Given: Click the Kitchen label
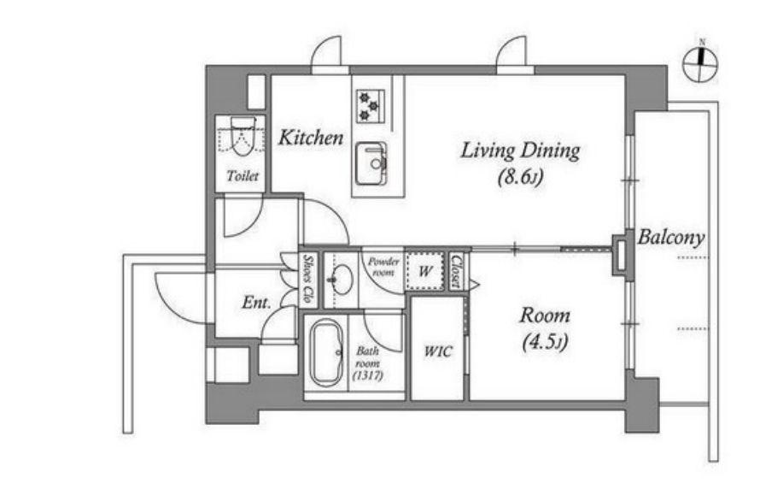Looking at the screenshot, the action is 311,138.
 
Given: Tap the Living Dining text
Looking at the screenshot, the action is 520,150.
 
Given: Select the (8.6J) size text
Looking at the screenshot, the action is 520,177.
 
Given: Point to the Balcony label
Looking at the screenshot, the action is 670,238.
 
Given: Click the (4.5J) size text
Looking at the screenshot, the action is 545,342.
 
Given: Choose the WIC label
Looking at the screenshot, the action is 438,351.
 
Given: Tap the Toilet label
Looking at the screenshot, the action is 243,175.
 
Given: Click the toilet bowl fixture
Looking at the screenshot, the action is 243,136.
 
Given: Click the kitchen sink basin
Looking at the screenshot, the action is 371,163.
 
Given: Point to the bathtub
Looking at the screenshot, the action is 327,352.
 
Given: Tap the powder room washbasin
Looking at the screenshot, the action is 341,280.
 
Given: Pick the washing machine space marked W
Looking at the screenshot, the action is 425,271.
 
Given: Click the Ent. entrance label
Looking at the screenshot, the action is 256,303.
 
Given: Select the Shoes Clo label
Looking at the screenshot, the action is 307,278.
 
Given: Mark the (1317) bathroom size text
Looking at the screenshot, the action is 368,376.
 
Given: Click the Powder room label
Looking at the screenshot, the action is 383,267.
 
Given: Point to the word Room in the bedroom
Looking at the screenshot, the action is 545,315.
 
